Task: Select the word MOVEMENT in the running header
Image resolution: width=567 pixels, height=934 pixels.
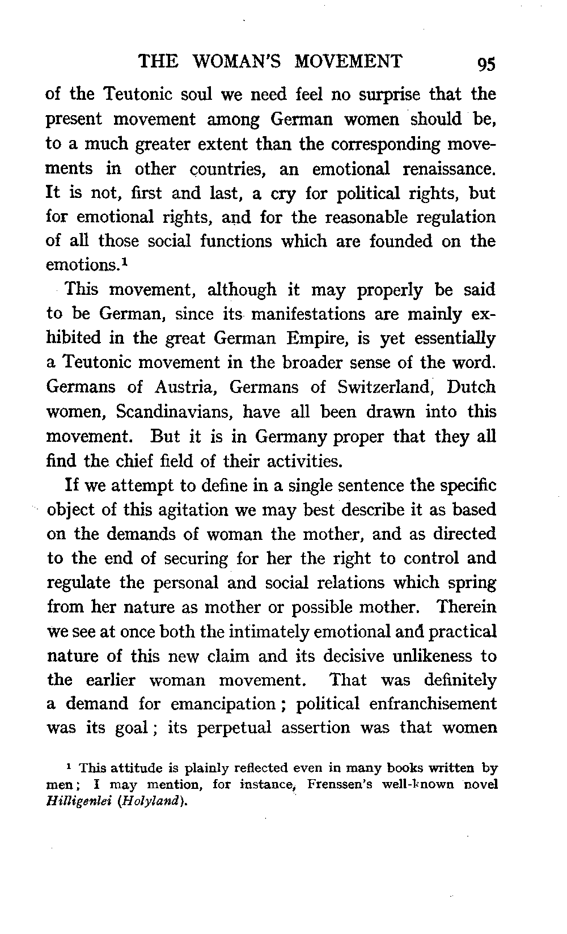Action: click(x=349, y=61)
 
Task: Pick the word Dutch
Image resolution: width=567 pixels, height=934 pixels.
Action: click(x=471, y=387)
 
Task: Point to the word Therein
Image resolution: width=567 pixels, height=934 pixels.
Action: click(x=467, y=607)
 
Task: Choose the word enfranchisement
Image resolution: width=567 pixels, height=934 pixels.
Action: click(x=433, y=704)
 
